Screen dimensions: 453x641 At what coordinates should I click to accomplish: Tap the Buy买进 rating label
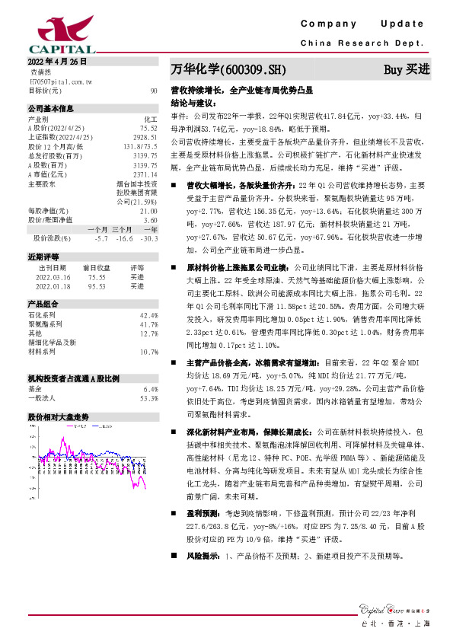407,70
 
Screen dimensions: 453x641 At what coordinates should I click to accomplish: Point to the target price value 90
154,91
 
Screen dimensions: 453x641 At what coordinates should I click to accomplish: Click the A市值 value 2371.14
145,175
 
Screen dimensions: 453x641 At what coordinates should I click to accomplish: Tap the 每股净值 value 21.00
148,210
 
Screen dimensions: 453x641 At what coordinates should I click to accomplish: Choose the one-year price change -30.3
148,238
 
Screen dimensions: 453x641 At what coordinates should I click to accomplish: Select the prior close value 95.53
95,286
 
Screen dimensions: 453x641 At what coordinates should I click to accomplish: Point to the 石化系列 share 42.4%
148,314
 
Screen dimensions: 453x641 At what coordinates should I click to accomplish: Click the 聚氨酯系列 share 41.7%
148,324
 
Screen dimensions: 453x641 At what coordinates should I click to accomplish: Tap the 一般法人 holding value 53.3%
148,397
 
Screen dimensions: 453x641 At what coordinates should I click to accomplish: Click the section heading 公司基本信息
50,109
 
